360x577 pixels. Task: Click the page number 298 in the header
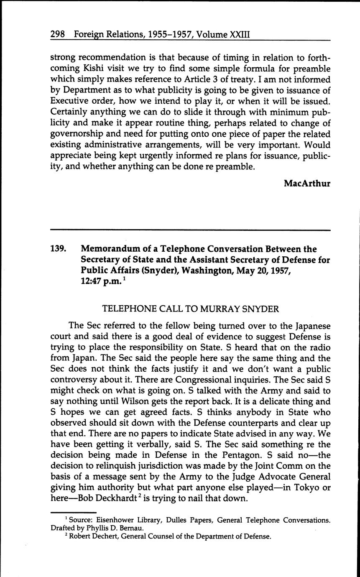coord(57,34)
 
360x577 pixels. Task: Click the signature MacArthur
coord(307,184)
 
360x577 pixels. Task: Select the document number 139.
coord(58,249)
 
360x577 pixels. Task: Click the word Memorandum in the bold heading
coord(111,249)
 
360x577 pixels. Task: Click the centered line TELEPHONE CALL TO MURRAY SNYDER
coord(190,309)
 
